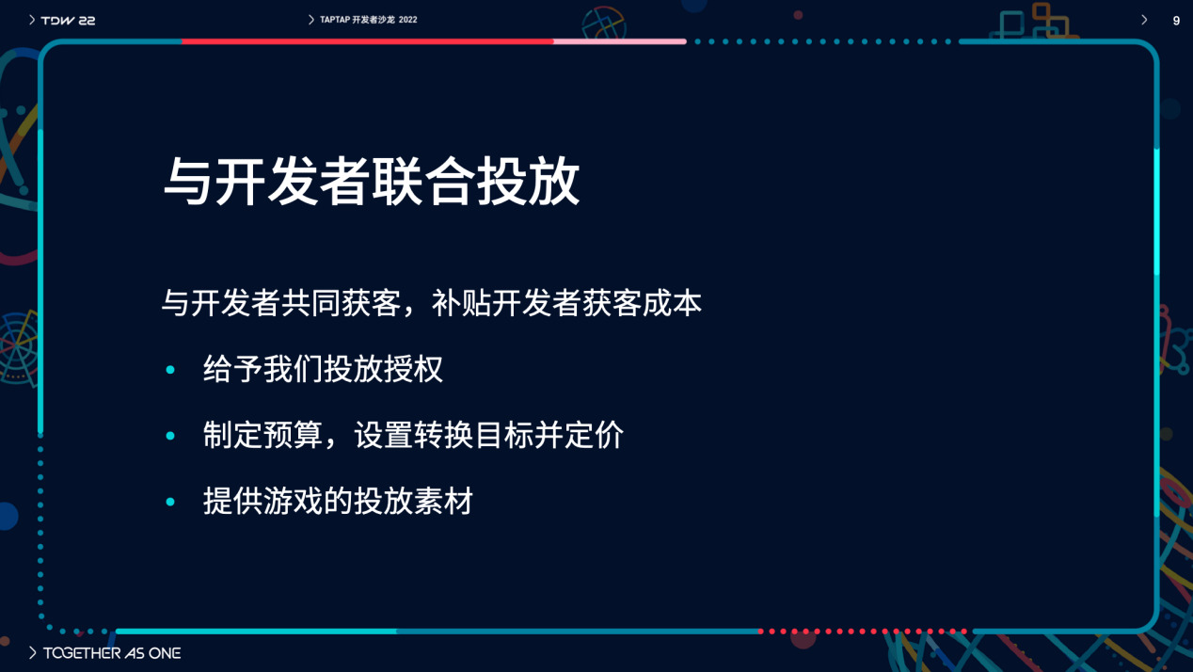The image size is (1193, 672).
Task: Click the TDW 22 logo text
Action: pyautogui.click(x=68, y=21)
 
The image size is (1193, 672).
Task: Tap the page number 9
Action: pyautogui.click(x=1176, y=21)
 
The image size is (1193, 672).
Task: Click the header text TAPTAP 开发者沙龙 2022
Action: pyautogui.click(x=368, y=20)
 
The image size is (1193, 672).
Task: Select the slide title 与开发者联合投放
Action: pyautogui.click(x=372, y=182)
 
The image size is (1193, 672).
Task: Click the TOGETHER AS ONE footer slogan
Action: pyautogui.click(x=112, y=653)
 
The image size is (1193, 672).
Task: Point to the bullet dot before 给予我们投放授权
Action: pyautogui.click(x=170, y=369)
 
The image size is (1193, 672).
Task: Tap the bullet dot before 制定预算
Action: pyautogui.click(x=170, y=436)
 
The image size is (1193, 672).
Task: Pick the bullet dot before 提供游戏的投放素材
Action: pyautogui.click(x=170, y=502)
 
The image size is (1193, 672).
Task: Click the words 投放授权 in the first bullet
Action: pyautogui.click(x=383, y=369)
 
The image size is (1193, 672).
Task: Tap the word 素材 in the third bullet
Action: pyautogui.click(x=443, y=501)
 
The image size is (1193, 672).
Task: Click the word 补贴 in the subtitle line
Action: pyautogui.click(x=461, y=303)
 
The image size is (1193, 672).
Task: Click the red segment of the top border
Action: pyautogui.click(x=368, y=41)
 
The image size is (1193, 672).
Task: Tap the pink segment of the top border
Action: pyautogui.click(x=620, y=41)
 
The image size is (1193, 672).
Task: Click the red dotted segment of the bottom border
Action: pyautogui.click(x=863, y=632)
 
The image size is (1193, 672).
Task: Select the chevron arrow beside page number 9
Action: pyautogui.click(x=1144, y=21)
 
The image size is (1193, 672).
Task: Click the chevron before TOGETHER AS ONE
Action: pyautogui.click(x=33, y=653)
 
